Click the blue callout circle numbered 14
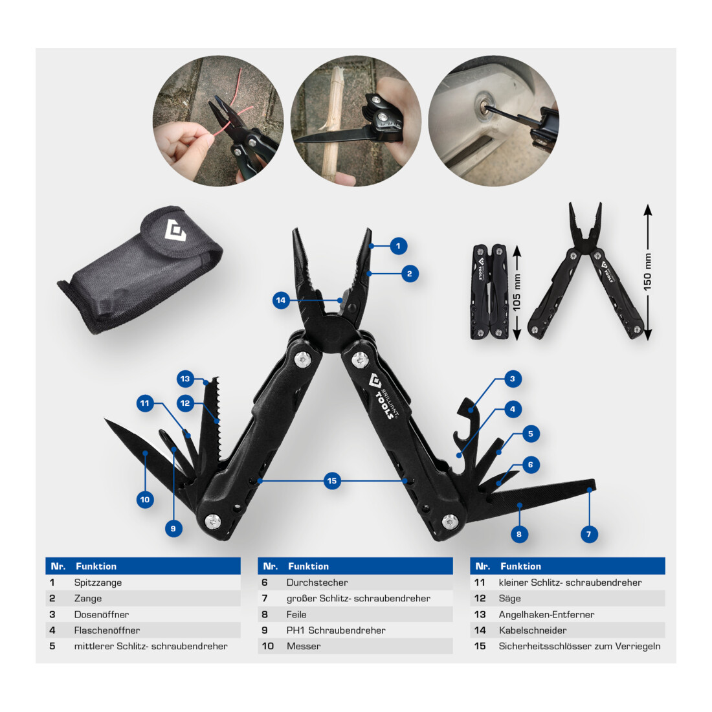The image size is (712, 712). (281, 300)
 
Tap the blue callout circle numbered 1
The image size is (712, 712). (398, 246)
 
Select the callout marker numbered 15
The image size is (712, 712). (332, 481)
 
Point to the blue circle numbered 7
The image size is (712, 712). (589, 534)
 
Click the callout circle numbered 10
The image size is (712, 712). (145, 500)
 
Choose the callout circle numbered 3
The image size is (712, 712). (513, 379)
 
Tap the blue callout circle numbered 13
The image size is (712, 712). (185, 379)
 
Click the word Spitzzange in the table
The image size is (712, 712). (98, 583)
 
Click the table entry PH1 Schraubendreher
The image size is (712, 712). (336, 630)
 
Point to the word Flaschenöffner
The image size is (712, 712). (107, 630)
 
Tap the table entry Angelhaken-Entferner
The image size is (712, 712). (546, 614)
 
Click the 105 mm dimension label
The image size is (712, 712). (517, 293)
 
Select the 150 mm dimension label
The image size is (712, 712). (647, 272)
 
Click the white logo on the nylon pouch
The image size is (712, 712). (175, 230)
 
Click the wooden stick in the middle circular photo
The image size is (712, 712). (333, 122)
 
